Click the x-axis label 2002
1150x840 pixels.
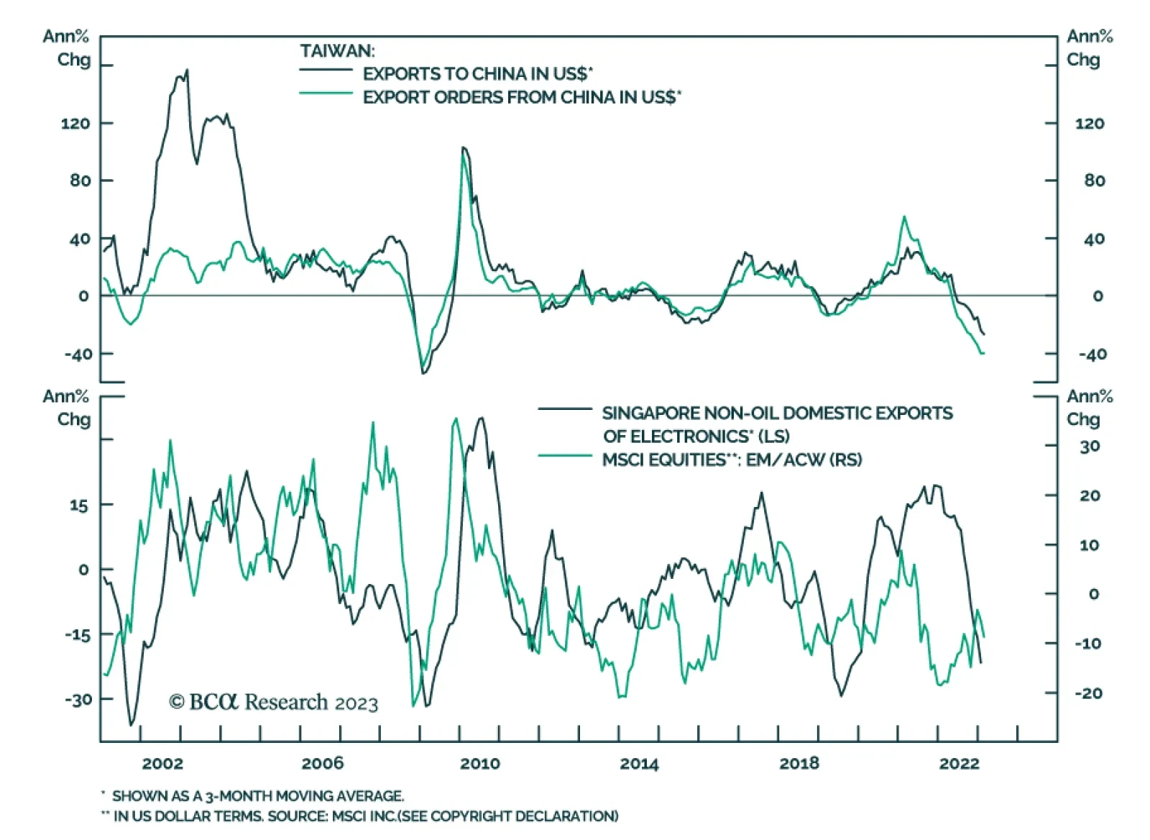tap(162, 763)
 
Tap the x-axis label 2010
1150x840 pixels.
tap(480, 763)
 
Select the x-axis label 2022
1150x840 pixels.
tap(959, 763)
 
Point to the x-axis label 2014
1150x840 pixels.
tap(639, 763)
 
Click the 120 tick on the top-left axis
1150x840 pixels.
tap(75, 124)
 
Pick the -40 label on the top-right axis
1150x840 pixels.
tap(1092, 354)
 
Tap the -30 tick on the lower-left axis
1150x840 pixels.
tap(78, 700)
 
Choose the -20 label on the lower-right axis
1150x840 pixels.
tap(1088, 693)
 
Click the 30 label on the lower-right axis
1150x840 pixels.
tap(1090, 447)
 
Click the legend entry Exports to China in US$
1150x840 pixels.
tap(477, 73)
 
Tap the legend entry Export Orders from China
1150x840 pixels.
tap(521, 97)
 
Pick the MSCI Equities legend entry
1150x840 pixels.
tap(732, 460)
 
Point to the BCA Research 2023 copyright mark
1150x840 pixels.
tap(273, 702)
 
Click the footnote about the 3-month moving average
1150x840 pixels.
tap(257, 795)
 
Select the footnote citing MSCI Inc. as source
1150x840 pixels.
tap(365, 816)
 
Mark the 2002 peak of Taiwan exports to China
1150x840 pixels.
tap(187, 70)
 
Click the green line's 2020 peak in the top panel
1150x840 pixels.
tap(903, 216)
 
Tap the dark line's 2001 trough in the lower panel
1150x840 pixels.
tap(131, 724)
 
